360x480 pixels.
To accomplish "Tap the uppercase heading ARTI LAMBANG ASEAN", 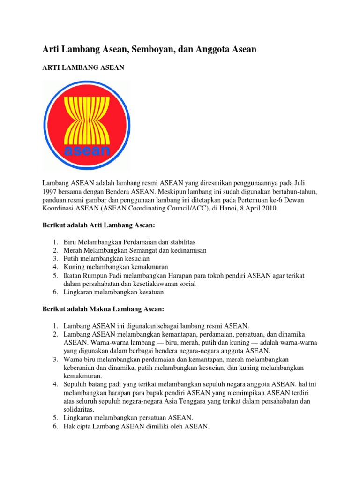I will (83, 68).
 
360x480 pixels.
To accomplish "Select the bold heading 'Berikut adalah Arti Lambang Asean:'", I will (99, 225).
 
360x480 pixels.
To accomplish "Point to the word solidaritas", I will (80, 409).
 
